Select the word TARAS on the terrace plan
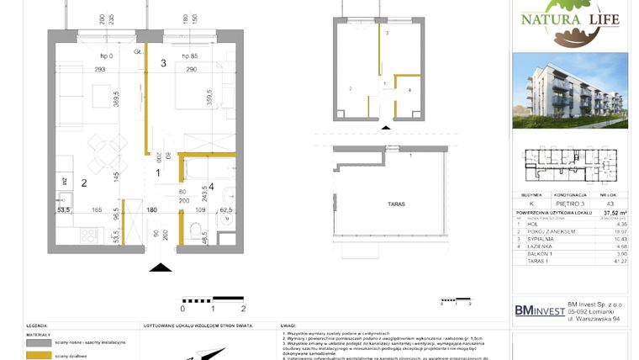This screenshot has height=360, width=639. pyautogui.click(x=386, y=204)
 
